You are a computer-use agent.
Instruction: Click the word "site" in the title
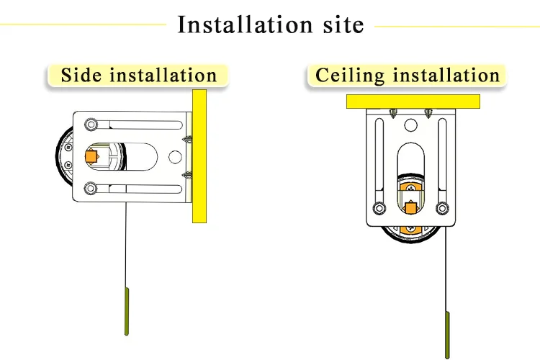(339, 24)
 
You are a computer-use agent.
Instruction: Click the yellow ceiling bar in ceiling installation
(413, 101)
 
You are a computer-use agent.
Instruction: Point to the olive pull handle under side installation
(127, 311)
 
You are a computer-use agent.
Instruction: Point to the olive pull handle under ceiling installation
(447, 335)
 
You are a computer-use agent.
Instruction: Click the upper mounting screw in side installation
(186, 138)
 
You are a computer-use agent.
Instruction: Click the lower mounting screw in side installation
(186, 174)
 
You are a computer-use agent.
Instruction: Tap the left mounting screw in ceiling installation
(393, 113)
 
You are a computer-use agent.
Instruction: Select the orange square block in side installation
(91, 156)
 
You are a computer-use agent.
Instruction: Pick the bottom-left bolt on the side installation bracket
(90, 189)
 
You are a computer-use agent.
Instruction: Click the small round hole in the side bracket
(173, 156)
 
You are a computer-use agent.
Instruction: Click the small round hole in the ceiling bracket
(410, 126)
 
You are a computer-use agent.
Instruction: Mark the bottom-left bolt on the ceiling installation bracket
(378, 208)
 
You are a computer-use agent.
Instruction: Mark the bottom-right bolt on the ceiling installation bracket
(442, 208)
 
